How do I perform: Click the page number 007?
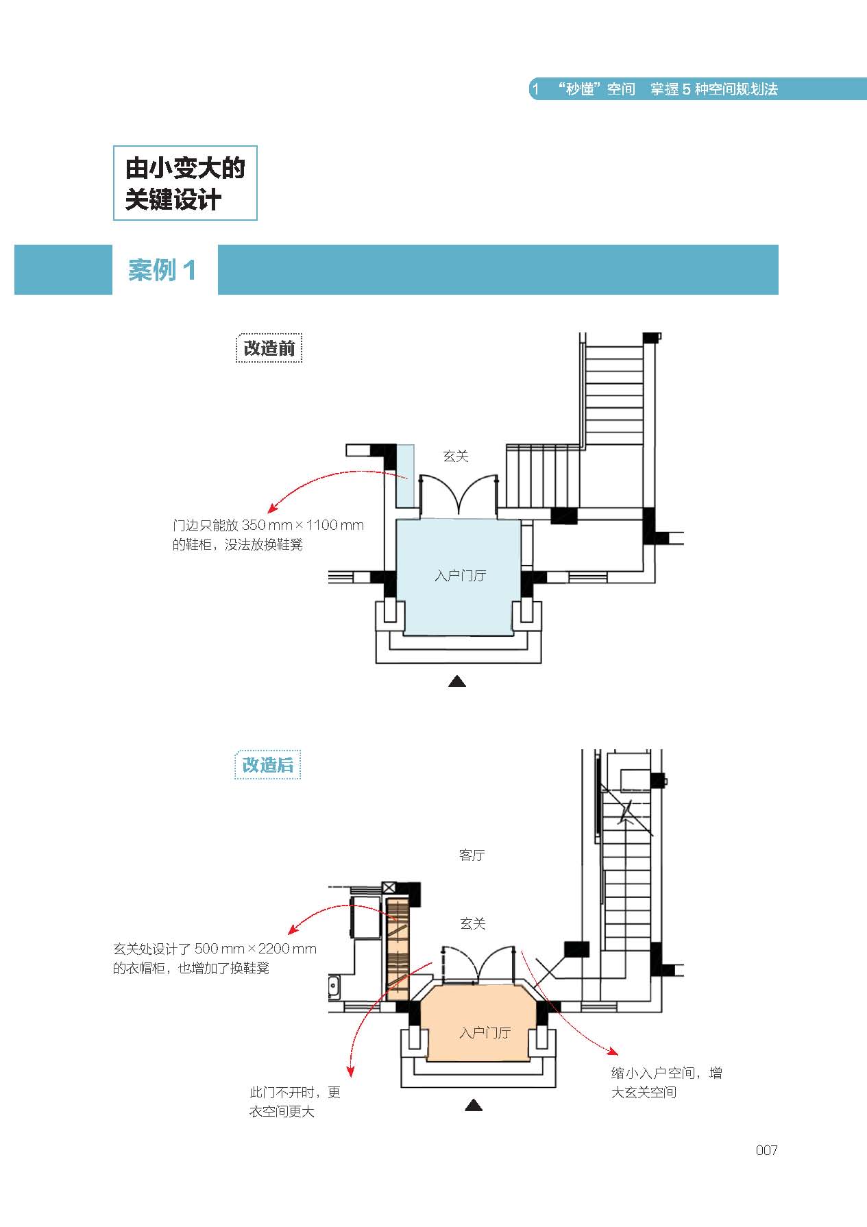(x=766, y=1150)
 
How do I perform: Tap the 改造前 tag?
(x=269, y=348)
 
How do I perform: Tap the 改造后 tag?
(x=267, y=765)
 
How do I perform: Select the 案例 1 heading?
(x=162, y=270)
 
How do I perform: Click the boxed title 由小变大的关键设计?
(x=185, y=183)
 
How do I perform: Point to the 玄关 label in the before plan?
(x=456, y=456)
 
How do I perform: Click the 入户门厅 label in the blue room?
(x=460, y=575)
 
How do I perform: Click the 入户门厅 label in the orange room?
(x=485, y=1032)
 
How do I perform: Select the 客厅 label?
(x=472, y=855)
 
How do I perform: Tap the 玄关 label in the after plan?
(x=472, y=923)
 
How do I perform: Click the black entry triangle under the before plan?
(x=457, y=681)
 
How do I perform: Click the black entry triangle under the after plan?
(x=474, y=1105)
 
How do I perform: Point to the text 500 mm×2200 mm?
(x=256, y=949)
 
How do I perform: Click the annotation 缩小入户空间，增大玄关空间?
(x=666, y=1082)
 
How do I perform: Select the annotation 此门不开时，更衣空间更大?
(x=295, y=1102)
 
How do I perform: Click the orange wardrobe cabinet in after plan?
(x=398, y=949)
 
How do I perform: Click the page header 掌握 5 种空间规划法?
(x=714, y=89)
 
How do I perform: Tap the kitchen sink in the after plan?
(x=334, y=987)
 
